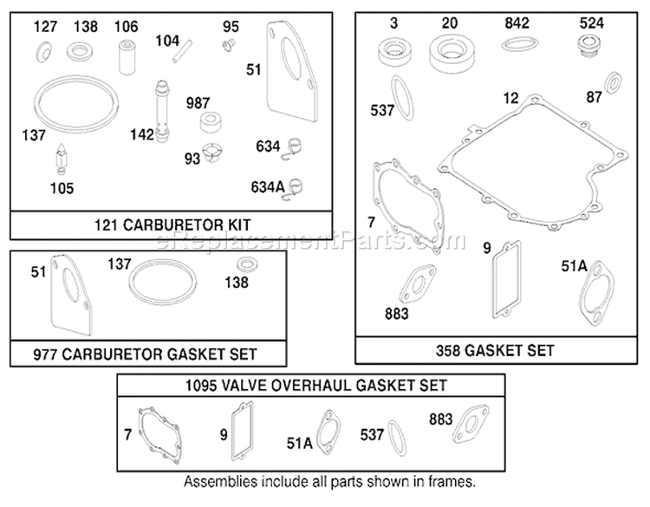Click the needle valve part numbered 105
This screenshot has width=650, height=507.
click(62, 159)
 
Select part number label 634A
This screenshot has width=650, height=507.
click(268, 187)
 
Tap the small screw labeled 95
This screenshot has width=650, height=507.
click(229, 44)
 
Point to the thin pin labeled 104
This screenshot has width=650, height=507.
click(182, 50)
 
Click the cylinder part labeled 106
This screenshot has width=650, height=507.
click(127, 57)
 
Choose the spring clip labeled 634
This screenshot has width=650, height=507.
click(294, 146)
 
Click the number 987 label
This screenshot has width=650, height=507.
click(198, 103)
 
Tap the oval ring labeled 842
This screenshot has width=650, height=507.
click(520, 43)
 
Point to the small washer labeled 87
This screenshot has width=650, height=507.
click(613, 82)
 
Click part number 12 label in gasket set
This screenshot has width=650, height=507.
click(510, 98)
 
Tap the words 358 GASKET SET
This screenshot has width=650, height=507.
click(495, 351)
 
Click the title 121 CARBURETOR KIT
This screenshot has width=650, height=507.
click(172, 225)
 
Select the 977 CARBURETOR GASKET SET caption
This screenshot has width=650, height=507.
click(145, 354)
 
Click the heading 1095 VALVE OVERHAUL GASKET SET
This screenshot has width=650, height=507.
click(315, 386)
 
